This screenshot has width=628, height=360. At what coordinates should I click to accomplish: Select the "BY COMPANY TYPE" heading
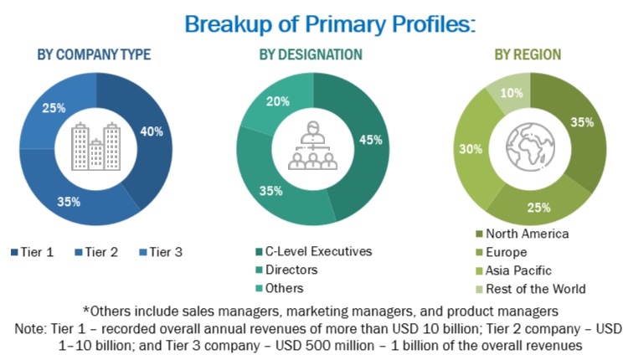click(94, 54)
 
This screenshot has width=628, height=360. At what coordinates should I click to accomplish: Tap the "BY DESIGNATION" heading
click(311, 54)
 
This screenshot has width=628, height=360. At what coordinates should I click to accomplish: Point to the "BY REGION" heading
click(528, 54)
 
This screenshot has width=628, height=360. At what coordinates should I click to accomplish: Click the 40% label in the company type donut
click(152, 131)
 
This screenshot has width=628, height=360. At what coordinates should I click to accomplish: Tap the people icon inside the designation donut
click(311, 147)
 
